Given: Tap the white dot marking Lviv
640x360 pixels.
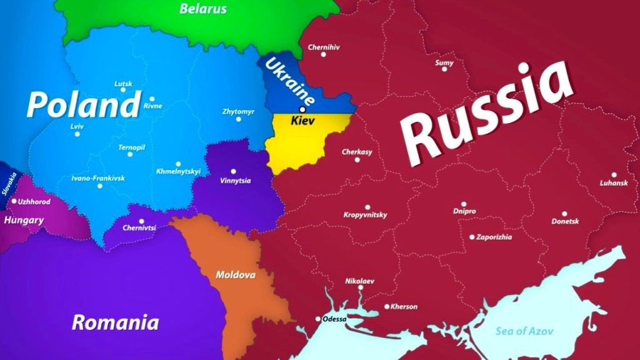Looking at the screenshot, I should point(77,134).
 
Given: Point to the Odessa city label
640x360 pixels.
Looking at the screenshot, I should point(334,319).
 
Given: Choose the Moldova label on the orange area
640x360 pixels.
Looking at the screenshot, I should point(235,274).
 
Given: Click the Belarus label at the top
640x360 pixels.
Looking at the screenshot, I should point(203,9).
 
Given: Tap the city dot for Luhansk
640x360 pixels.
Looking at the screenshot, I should point(614,175).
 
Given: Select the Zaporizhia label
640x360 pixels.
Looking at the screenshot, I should point(494,237).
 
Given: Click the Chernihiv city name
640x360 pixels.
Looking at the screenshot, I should point(324,46).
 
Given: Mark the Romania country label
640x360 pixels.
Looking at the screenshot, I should point(115,322).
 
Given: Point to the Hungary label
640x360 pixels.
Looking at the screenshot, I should point(24,220).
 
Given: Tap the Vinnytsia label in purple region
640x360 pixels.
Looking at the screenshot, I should point(236,181).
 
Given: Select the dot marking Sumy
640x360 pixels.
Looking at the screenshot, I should point(444,69).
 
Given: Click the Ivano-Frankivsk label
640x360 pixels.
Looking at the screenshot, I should point(98,178).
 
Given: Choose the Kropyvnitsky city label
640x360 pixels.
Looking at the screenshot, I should point(366,215).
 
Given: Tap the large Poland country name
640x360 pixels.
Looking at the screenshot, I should point(82,105).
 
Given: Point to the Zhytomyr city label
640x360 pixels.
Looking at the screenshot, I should point(238,111).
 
